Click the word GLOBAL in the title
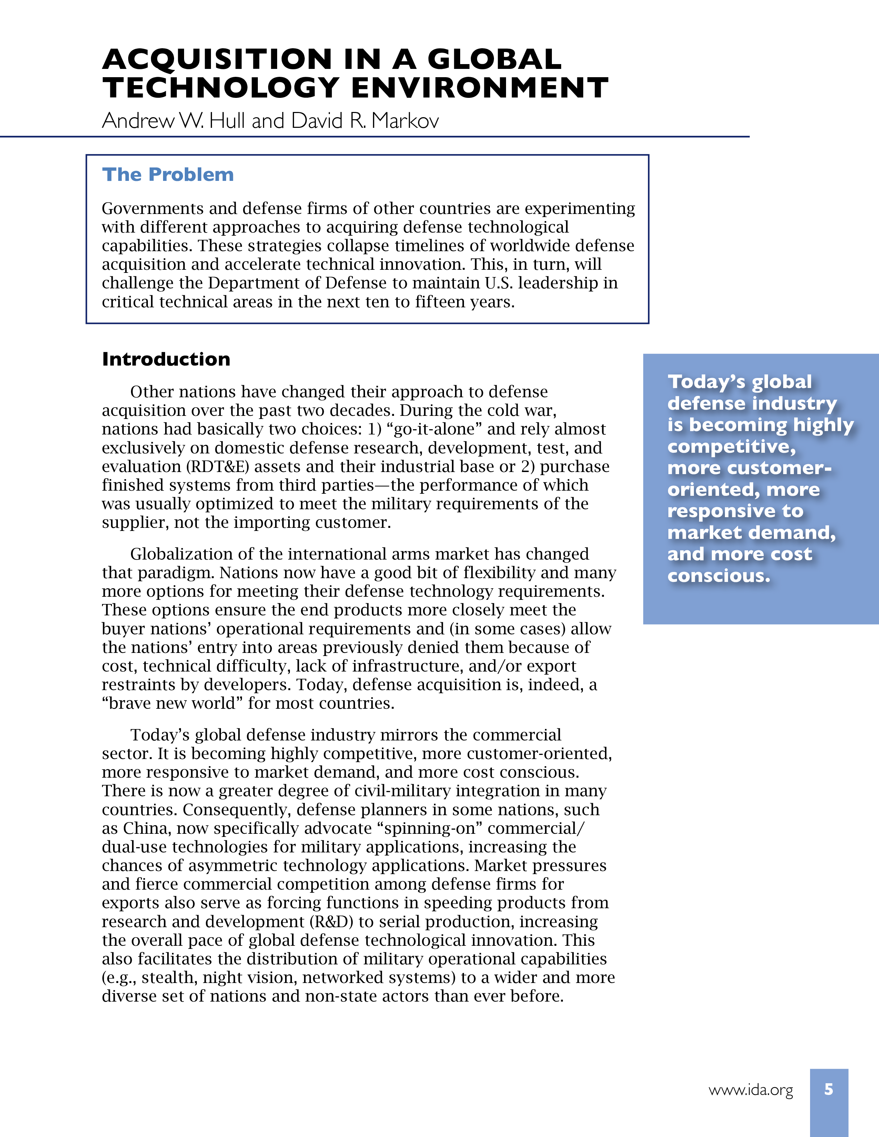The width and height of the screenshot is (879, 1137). click(x=494, y=59)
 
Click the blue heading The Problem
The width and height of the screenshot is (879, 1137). click(x=168, y=174)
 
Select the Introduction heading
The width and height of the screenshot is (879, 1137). click(x=166, y=359)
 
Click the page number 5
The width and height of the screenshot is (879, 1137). click(x=828, y=1089)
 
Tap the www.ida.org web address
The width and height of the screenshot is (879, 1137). click(x=750, y=1090)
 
